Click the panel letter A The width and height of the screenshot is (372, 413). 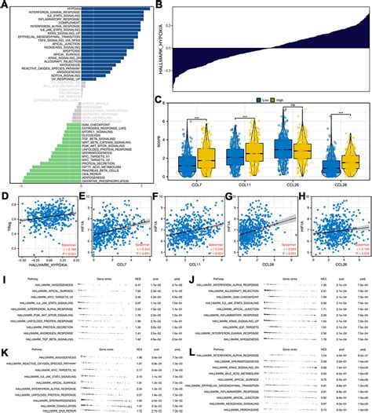5,5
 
